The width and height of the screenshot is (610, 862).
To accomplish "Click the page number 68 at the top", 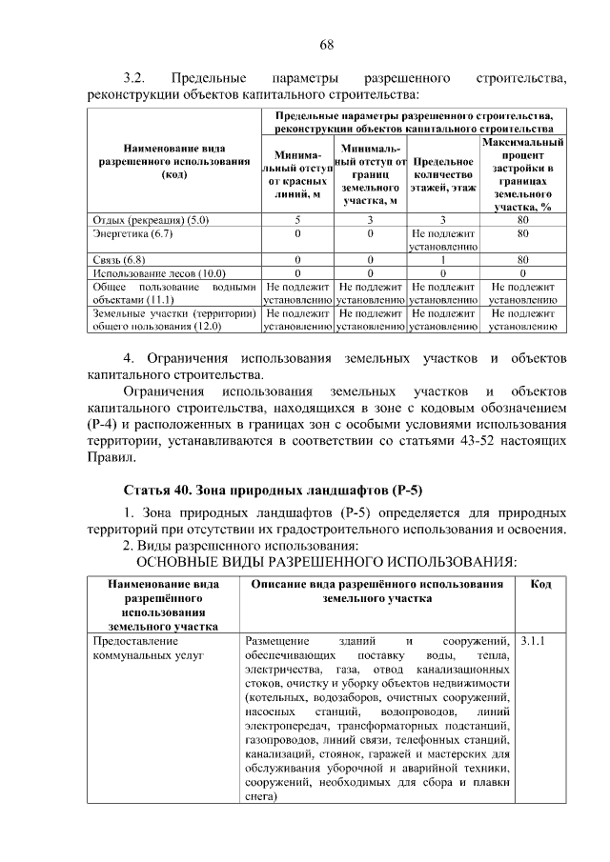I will [x=326, y=45].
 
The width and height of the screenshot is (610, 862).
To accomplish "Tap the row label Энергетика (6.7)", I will [x=132, y=232].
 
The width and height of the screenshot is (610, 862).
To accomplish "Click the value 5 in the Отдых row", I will [x=297, y=220].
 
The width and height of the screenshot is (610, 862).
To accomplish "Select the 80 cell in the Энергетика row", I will [x=522, y=232].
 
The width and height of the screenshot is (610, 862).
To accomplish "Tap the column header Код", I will [x=539, y=584].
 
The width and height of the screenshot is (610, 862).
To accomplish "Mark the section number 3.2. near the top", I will [x=132, y=77].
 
